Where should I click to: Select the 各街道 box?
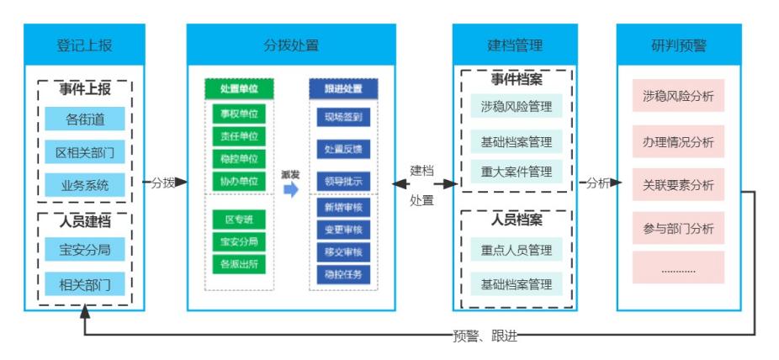(84, 119)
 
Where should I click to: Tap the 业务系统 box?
(84, 185)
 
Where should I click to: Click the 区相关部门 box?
(84, 152)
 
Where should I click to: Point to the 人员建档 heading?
(84, 222)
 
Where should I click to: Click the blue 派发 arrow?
(290, 189)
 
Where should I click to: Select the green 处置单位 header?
(239, 88)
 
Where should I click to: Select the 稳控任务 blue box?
(343, 273)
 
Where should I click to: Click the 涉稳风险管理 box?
(516, 107)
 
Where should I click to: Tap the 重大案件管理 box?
(516, 172)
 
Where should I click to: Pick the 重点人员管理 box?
(516, 250)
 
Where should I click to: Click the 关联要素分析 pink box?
(678, 184)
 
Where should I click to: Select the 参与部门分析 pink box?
(678, 228)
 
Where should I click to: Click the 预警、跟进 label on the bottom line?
(485, 336)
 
